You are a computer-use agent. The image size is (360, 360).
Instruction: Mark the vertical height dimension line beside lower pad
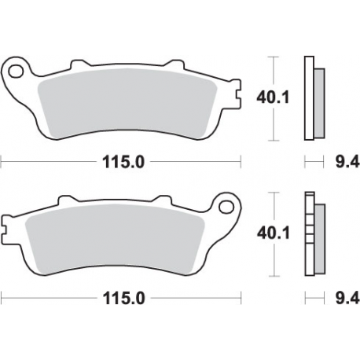(272, 233)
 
